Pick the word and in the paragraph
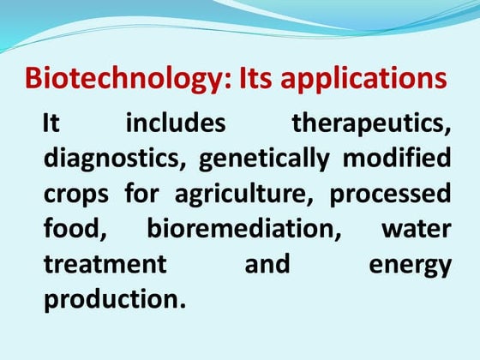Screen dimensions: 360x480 click(267, 265)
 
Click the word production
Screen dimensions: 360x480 click(114, 301)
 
